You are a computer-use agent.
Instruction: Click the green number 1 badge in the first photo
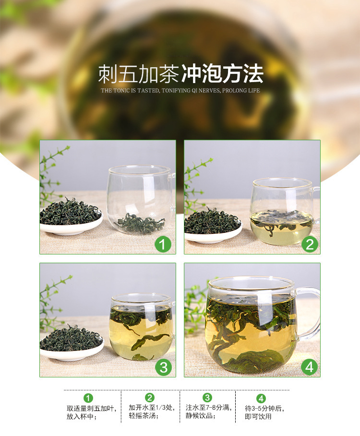coord(163,244)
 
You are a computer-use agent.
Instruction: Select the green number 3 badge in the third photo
coord(164,367)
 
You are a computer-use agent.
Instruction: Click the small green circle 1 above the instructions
coord(88,398)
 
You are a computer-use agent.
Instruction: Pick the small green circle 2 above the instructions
coord(150,398)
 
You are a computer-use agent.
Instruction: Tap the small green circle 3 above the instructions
coord(207,398)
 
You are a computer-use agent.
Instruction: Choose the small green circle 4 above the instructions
coord(261,399)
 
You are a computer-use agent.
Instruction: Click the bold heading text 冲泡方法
coord(222,74)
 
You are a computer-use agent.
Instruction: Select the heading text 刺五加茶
coord(139,74)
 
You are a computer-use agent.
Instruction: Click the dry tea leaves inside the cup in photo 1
coord(141,224)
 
